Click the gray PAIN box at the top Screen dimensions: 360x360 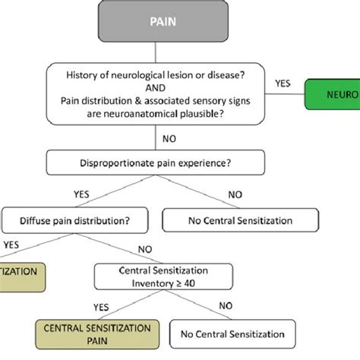[x=156, y=21]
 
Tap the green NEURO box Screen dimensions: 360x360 [x=333, y=96]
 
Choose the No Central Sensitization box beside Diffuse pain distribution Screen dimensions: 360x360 [x=240, y=222]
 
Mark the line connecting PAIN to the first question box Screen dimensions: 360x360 [x=156, y=51]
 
